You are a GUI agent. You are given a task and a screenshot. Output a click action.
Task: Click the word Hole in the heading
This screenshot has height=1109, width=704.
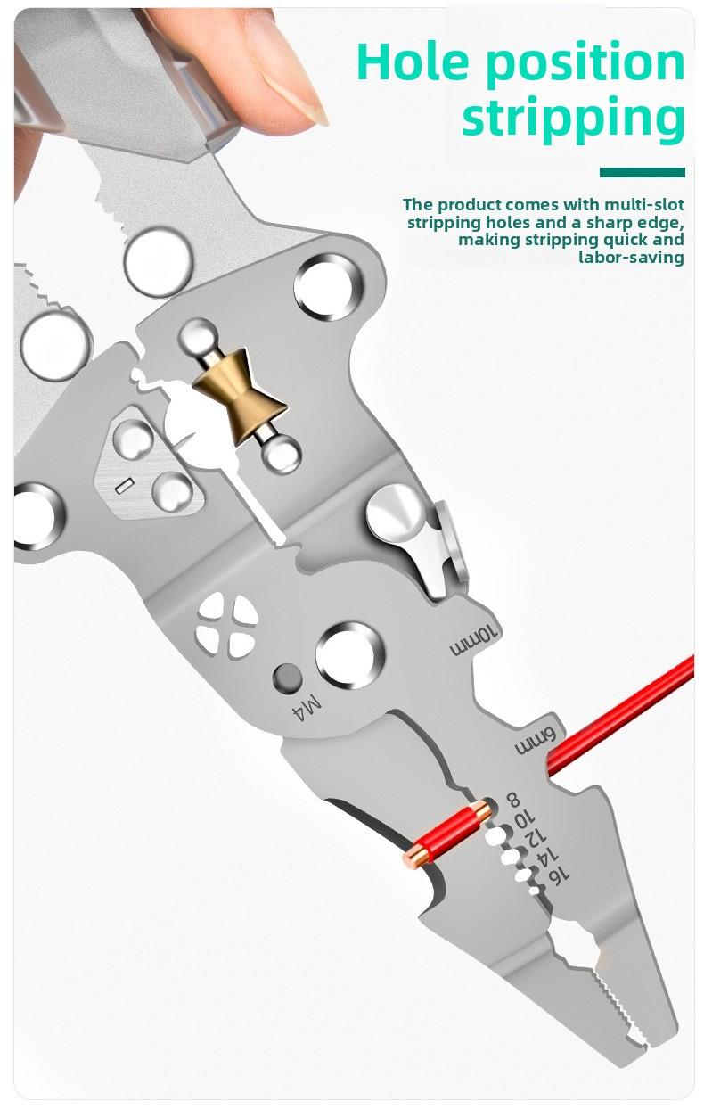click(x=410, y=62)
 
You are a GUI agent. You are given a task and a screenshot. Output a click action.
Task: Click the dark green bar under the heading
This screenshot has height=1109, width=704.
click(x=642, y=172)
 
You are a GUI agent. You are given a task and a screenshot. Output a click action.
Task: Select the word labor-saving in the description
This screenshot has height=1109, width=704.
click(x=631, y=258)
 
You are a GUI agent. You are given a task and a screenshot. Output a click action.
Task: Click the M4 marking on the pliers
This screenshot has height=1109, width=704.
click(x=307, y=709)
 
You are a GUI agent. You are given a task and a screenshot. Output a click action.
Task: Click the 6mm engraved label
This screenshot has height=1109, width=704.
click(x=534, y=739)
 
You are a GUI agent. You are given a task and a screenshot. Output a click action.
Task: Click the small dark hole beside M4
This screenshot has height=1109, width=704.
click(x=287, y=679)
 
